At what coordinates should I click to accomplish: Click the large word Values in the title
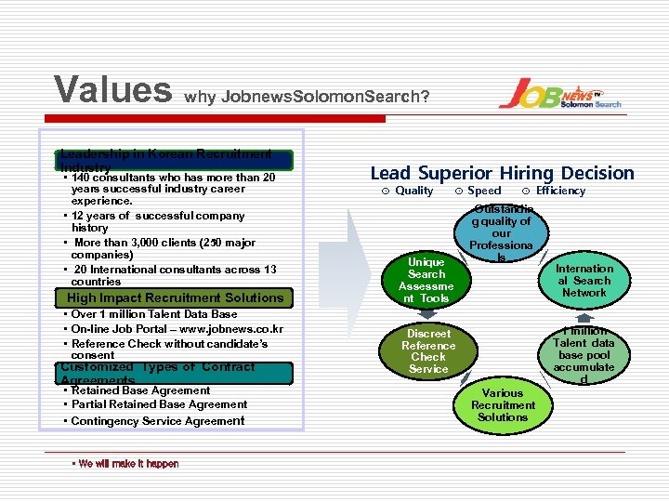112,90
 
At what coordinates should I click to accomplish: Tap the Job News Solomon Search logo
559,93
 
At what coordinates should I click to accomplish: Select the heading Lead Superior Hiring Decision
502,173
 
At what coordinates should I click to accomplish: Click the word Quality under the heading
413,191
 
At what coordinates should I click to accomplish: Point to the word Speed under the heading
484,191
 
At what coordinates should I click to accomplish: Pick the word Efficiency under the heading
560,191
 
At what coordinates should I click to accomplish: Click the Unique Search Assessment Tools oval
426,280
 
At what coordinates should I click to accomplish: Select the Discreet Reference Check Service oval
428,351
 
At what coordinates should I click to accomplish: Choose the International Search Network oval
584,280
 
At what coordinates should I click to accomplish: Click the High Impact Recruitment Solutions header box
175,298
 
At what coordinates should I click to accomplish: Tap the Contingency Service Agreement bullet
158,421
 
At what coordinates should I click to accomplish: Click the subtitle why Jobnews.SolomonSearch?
308,96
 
